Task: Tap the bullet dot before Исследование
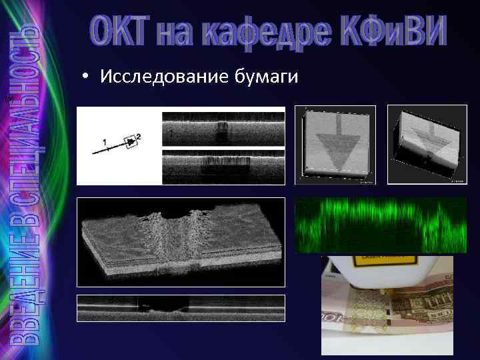pos(87,79)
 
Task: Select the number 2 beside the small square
pos(139,137)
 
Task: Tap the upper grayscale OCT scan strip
pos(223,129)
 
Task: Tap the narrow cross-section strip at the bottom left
pos(181,308)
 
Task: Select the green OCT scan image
pos(381,225)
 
